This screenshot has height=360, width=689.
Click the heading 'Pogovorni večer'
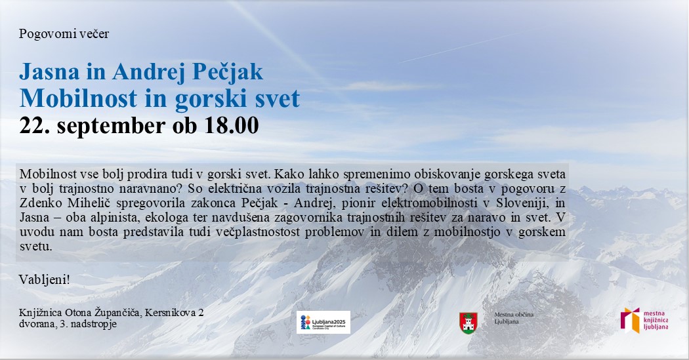(64, 34)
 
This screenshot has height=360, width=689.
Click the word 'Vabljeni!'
(45, 279)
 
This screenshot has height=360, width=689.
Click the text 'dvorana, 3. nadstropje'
(68, 324)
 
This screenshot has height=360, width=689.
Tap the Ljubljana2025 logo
(323, 322)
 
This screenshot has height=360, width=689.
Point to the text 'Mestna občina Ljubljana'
(513, 319)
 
